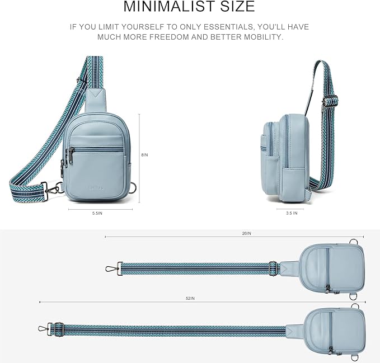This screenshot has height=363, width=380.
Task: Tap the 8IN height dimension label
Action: [144, 155]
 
